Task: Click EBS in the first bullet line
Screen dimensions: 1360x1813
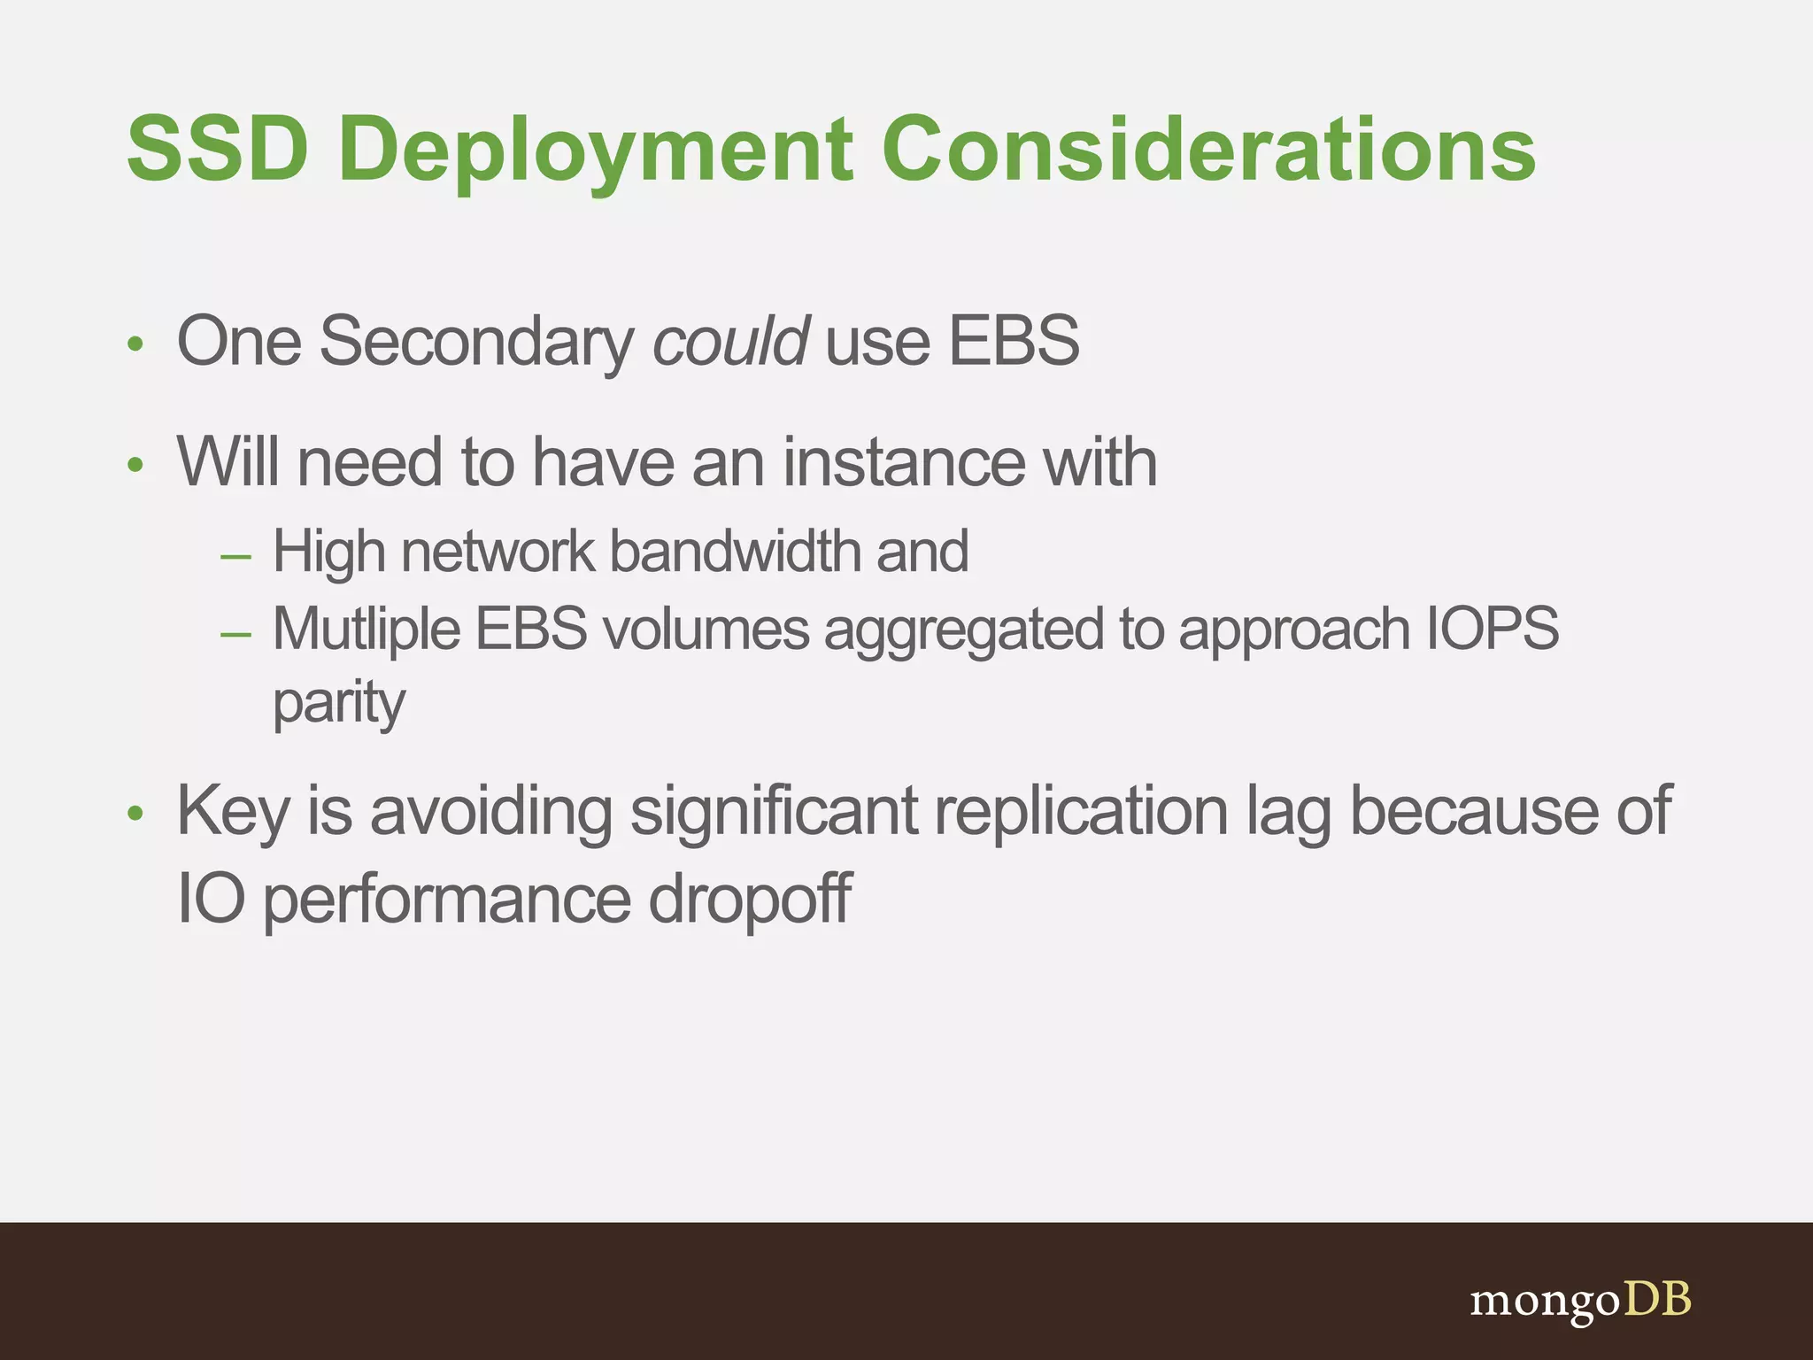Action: click(1014, 341)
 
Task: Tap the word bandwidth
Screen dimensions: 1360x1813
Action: click(735, 552)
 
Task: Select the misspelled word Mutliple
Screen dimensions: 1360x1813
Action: click(366, 630)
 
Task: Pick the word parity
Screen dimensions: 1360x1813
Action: click(338, 705)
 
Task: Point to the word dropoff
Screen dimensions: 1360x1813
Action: click(749, 900)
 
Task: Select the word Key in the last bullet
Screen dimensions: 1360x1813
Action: click(232, 813)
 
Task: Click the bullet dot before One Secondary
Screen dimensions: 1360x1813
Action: click(135, 344)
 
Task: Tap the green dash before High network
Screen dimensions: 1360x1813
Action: click(235, 557)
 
